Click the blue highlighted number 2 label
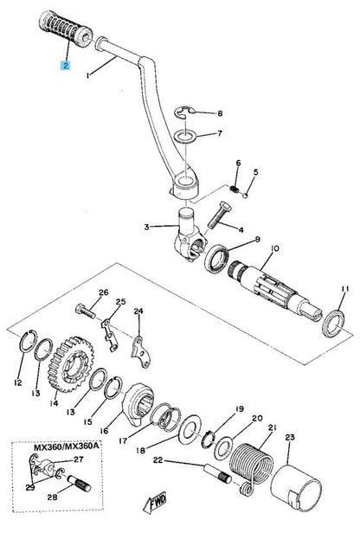(65, 65)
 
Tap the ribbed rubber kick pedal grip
(66, 29)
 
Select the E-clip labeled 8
(184, 112)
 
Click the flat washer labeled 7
(185, 137)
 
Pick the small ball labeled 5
(246, 196)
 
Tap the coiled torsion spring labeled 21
(253, 469)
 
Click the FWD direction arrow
(155, 503)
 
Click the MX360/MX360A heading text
(66, 446)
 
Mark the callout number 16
(104, 431)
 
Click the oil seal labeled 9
(216, 259)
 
